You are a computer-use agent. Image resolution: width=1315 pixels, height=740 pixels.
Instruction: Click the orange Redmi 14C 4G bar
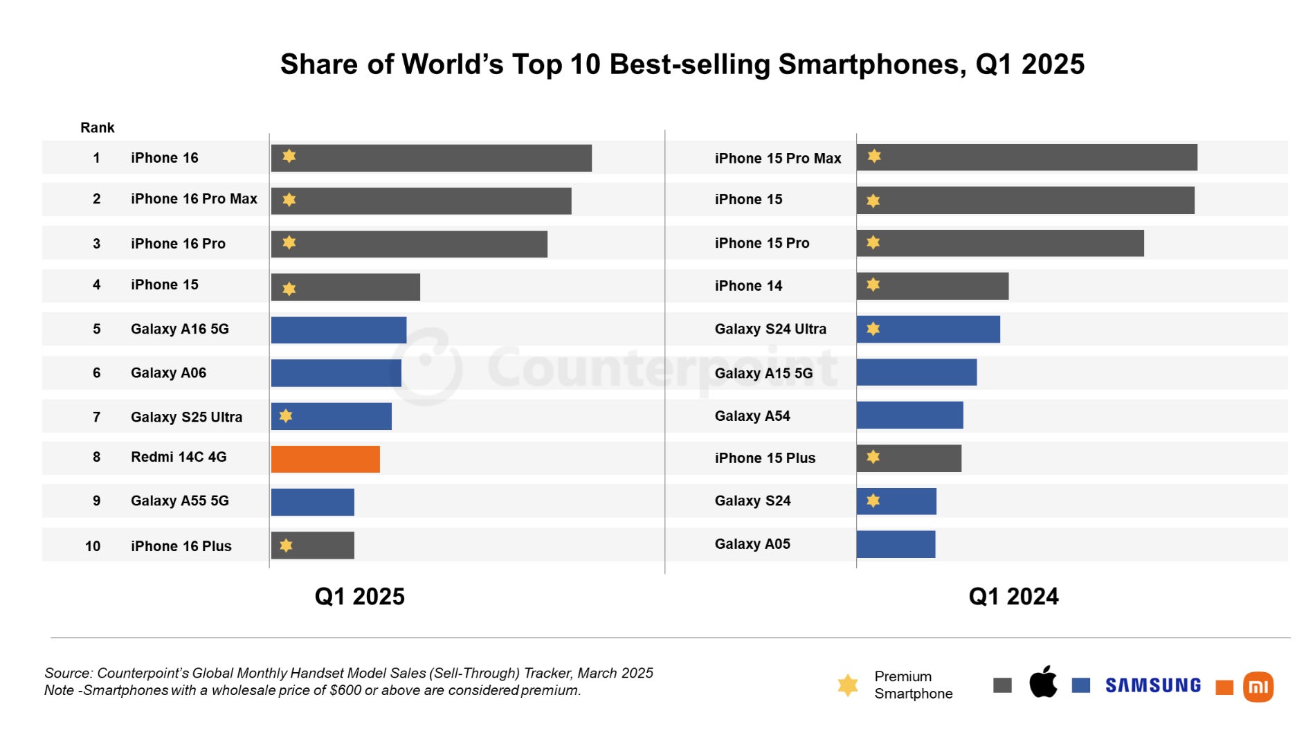[x=325, y=459]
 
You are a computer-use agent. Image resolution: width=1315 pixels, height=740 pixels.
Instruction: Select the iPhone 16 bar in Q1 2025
[x=431, y=158]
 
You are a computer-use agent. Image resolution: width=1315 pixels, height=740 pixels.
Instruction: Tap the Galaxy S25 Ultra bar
[x=331, y=416]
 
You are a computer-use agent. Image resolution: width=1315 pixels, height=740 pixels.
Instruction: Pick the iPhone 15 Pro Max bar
[x=1026, y=157]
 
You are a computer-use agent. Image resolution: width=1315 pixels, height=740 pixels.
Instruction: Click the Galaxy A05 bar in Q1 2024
[x=896, y=544]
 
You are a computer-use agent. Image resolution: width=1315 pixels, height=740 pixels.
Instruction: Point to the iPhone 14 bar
[x=932, y=286]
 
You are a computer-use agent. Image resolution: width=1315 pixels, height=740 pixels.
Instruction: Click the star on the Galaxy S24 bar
[x=873, y=500]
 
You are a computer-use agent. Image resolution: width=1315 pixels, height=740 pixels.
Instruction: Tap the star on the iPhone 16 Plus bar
[x=286, y=545]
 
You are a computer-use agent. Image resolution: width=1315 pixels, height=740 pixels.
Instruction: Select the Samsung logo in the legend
[x=1153, y=685]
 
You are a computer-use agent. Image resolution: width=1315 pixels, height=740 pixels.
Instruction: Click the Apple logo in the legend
[x=1043, y=683]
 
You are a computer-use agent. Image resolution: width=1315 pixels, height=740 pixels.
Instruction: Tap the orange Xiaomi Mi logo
[x=1258, y=687]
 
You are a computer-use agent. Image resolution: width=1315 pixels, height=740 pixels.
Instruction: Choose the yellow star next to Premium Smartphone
[x=848, y=685]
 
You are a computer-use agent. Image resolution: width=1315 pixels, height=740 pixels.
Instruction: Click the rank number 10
[x=93, y=546]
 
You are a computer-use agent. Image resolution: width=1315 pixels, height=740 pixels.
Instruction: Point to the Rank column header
[x=98, y=127]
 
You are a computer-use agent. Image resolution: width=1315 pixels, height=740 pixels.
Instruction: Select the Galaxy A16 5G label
[x=180, y=329]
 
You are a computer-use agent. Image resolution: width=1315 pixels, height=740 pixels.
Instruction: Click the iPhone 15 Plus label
[x=765, y=458]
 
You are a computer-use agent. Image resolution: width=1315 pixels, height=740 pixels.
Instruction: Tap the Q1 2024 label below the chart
[x=1013, y=597]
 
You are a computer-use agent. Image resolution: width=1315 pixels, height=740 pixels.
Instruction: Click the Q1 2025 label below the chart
[x=359, y=597]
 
